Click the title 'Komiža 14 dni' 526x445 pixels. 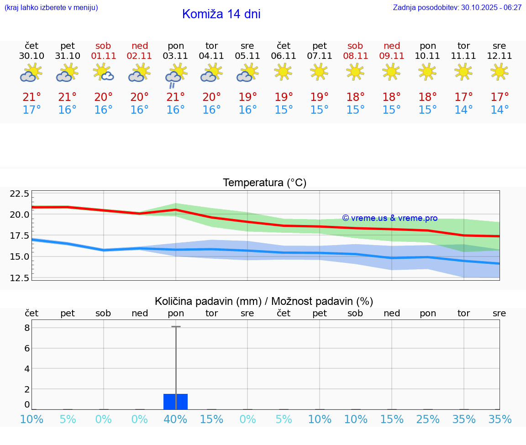221,14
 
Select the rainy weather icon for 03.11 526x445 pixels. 175,76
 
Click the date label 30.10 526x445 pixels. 32,56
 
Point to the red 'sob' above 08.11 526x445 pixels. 355,46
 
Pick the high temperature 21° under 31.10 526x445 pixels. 68,97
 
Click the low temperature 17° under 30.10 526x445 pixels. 32,110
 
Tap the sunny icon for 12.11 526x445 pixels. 499,72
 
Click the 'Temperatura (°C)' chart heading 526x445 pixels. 264,183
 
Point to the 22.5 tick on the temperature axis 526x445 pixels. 19,194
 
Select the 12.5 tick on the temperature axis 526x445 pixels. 19,278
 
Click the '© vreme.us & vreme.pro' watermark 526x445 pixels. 389,218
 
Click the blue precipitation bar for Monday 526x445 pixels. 175,402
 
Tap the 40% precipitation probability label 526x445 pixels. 175,419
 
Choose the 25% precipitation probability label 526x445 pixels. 428,419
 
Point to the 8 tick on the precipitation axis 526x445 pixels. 27,328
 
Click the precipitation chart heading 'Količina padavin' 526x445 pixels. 264,301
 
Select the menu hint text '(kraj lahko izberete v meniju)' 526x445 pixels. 51,8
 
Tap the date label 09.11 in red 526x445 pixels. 391,56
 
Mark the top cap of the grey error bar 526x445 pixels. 176,327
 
